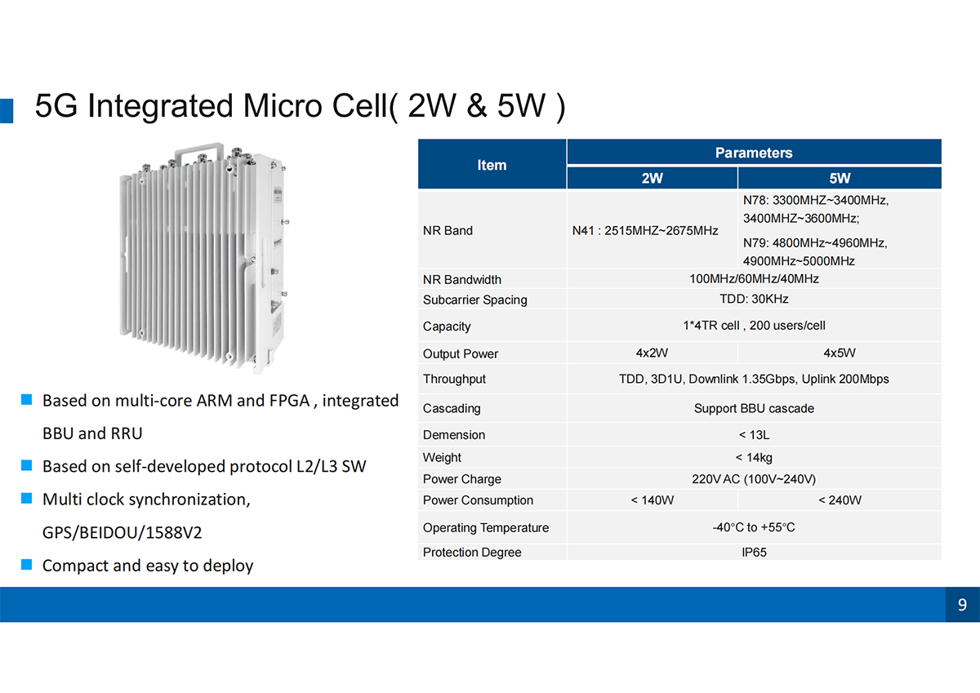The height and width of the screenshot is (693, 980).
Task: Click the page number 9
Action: (x=962, y=604)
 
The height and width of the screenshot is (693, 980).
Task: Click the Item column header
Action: (x=492, y=165)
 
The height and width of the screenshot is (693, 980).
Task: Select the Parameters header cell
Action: (x=754, y=153)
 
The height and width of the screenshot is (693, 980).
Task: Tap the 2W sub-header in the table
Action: (x=652, y=178)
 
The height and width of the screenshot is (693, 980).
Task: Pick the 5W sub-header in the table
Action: (x=840, y=178)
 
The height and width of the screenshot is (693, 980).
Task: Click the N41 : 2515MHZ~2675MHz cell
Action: (x=645, y=230)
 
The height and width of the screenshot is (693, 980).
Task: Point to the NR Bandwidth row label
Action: (x=462, y=279)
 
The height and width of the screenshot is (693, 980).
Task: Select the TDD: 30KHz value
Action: (x=754, y=299)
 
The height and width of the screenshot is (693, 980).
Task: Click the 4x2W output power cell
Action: (x=652, y=353)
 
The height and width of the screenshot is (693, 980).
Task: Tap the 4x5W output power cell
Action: (x=840, y=353)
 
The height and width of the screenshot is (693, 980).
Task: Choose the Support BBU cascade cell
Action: (x=754, y=408)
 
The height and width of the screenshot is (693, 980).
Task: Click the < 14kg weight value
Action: (x=754, y=457)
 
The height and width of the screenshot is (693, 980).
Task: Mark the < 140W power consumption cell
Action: (x=652, y=500)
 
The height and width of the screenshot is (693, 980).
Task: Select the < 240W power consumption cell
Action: (x=840, y=500)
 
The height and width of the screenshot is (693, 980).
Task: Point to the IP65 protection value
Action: (x=754, y=553)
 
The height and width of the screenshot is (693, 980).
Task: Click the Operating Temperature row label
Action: (x=486, y=527)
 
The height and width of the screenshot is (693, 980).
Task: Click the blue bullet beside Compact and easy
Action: (x=27, y=564)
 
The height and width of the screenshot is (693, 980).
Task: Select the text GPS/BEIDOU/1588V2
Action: (x=122, y=532)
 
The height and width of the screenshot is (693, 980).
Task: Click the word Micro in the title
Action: (x=283, y=106)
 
